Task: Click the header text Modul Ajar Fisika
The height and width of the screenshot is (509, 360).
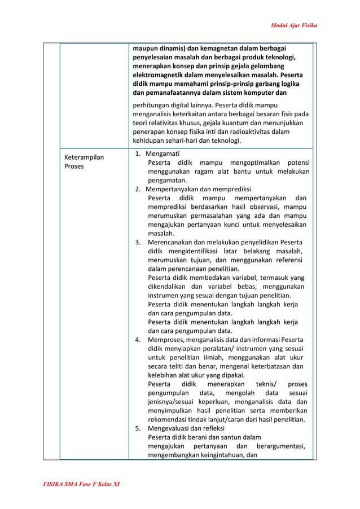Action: coord(294,25)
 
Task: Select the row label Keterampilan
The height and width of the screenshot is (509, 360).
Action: coord(84,157)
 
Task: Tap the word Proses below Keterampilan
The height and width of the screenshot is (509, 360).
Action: coord(74,167)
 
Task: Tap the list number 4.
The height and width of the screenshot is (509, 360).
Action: coord(138,340)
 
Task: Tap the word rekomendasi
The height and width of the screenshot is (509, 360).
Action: coord(169,419)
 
